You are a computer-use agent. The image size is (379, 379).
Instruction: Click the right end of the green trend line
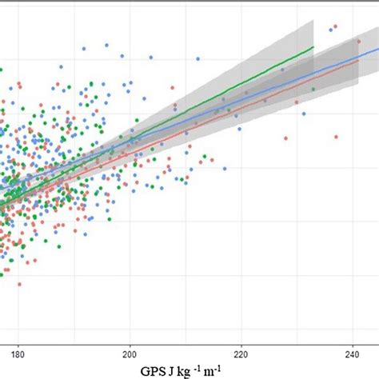pos(313,46)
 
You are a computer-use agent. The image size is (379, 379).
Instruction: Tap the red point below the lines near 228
pos(285,138)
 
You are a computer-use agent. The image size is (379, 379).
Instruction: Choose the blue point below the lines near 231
pos(304,114)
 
